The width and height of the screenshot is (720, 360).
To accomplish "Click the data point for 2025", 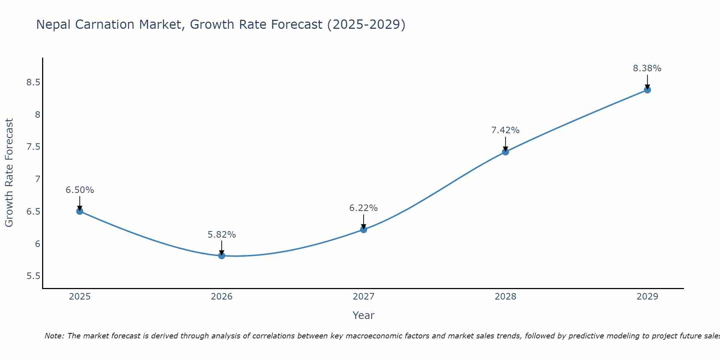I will [80, 211].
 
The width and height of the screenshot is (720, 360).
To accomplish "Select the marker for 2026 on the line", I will [222, 256].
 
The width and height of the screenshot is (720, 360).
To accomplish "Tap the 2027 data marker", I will [364, 229].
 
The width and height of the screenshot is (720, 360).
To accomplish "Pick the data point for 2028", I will [505, 152].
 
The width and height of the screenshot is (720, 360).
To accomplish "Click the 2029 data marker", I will [647, 90].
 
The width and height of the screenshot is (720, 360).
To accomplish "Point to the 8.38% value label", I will [647, 68].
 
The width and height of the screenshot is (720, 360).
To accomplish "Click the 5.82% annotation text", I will [221, 235].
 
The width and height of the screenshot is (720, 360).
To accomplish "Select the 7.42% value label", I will [505, 130].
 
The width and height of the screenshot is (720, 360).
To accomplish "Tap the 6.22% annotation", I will [363, 208].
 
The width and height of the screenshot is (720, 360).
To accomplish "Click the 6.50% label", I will [80, 190].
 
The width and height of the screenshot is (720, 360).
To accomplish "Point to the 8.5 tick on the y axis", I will [33, 82].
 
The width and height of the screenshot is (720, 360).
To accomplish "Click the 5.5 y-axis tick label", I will [33, 276].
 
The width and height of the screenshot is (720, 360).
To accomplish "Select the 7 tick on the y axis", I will [37, 179].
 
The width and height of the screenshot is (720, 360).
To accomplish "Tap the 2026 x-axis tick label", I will [222, 297].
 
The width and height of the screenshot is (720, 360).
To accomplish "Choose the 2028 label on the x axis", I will [505, 297].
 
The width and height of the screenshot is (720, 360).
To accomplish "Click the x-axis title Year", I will [363, 315].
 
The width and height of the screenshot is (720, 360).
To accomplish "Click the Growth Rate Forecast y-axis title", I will [9, 173].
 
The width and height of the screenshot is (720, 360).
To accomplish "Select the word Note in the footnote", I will [54, 336].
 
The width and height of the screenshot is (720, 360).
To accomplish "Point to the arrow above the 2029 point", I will [647, 81].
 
